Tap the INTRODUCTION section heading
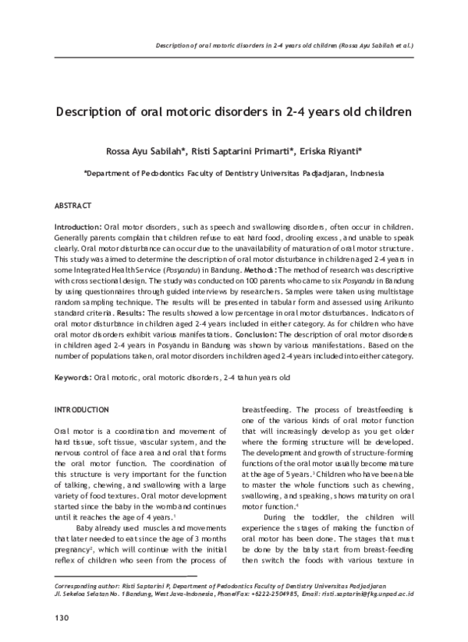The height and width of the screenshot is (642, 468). (82, 409)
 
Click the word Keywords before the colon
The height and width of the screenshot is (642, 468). (72, 377)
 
